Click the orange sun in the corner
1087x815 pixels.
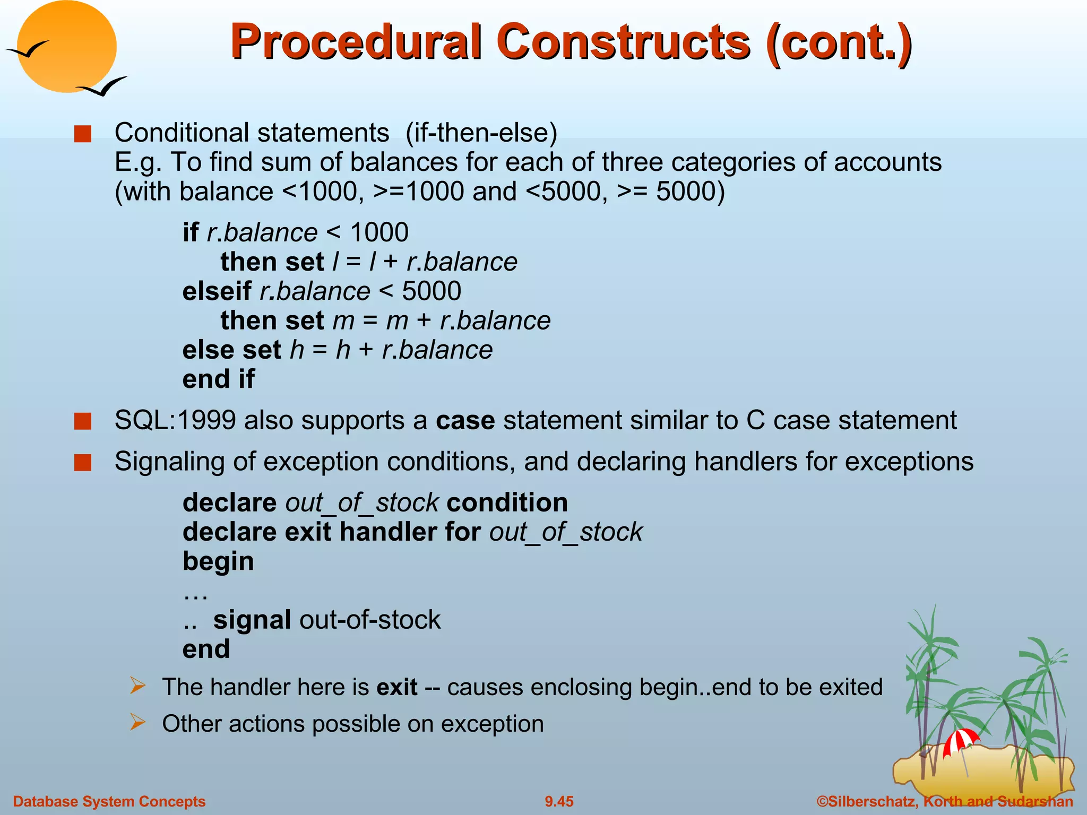pyautogui.click(x=66, y=47)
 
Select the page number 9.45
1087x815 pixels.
pyautogui.click(x=559, y=801)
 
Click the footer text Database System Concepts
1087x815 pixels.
pyautogui.click(x=109, y=801)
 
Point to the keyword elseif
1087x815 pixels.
pyautogui.click(x=217, y=291)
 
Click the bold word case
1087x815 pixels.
pyautogui.click(x=465, y=420)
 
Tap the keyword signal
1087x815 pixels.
pyautogui.click(x=252, y=620)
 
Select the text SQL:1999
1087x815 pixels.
pyautogui.click(x=175, y=420)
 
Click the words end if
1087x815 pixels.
pyautogui.click(x=218, y=379)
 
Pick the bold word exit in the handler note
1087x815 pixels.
pyautogui.click(x=396, y=687)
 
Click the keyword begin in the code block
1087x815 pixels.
pyautogui.click(x=218, y=561)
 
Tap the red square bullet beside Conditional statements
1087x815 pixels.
pyautogui.click(x=83, y=134)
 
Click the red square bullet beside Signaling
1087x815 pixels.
pyautogui.click(x=83, y=463)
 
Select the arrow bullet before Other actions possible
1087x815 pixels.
pyautogui.click(x=137, y=723)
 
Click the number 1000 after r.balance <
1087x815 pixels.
pyautogui.click(x=379, y=232)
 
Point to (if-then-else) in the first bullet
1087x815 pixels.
pyautogui.click(x=481, y=133)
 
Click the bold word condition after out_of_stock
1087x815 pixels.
pyautogui.click(x=507, y=502)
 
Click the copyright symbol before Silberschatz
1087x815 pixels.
pyautogui.click(x=822, y=801)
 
